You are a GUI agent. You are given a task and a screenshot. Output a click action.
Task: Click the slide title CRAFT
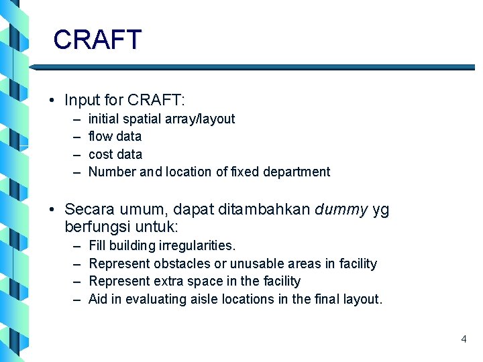pyautogui.click(x=97, y=40)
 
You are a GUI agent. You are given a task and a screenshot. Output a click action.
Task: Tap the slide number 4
pyautogui.click(x=464, y=339)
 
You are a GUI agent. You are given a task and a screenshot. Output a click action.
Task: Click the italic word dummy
pyautogui.click(x=341, y=209)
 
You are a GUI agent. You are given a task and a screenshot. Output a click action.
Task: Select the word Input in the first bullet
pyautogui.click(x=80, y=101)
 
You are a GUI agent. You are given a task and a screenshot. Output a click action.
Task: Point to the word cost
pyautogui.click(x=101, y=154)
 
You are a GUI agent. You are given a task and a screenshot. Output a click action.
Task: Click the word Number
pyautogui.click(x=112, y=172)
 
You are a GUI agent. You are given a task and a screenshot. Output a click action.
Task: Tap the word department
pyautogui.click(x=296, y=172)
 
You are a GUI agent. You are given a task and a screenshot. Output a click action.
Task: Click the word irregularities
pyautogui.click(x=197, y=246)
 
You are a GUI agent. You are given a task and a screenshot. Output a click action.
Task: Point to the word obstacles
pyautogui.click(x=182, y=263)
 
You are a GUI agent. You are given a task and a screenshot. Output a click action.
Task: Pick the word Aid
pyautogui.click(x=98, y=299)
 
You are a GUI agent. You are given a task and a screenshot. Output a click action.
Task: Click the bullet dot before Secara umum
pyautogui.click(x=52, y=210)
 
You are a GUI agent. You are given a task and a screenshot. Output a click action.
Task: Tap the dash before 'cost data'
pyautogui.click(x=76, y=154)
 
